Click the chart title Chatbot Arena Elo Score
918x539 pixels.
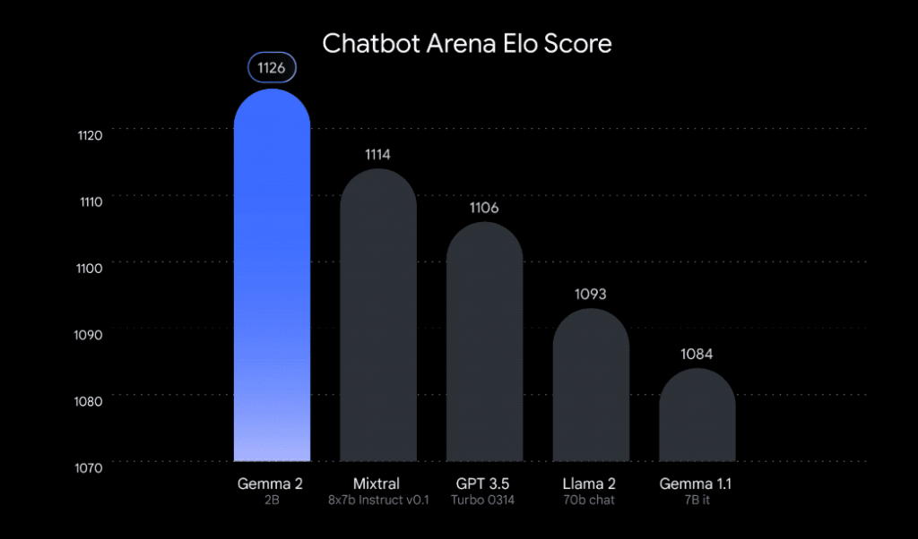[466, 43]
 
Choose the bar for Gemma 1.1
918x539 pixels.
[697, 416]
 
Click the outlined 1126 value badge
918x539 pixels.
[272, 68]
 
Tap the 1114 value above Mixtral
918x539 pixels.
[377, 155]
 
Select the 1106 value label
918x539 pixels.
[484, 208]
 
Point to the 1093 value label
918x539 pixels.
[590, 295]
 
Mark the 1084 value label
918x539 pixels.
[697, 355]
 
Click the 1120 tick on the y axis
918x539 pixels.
[91, 135]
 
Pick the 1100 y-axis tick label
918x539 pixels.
[91, 267]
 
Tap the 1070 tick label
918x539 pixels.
[91, 466]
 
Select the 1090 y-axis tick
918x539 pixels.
[91, 333]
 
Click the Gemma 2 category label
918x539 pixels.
[271, 483]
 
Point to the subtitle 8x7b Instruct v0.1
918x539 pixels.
[377, 500]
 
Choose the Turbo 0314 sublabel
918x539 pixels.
[484, 500]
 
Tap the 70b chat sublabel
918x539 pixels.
[590, 500]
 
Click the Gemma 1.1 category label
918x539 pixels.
[697, 483]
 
